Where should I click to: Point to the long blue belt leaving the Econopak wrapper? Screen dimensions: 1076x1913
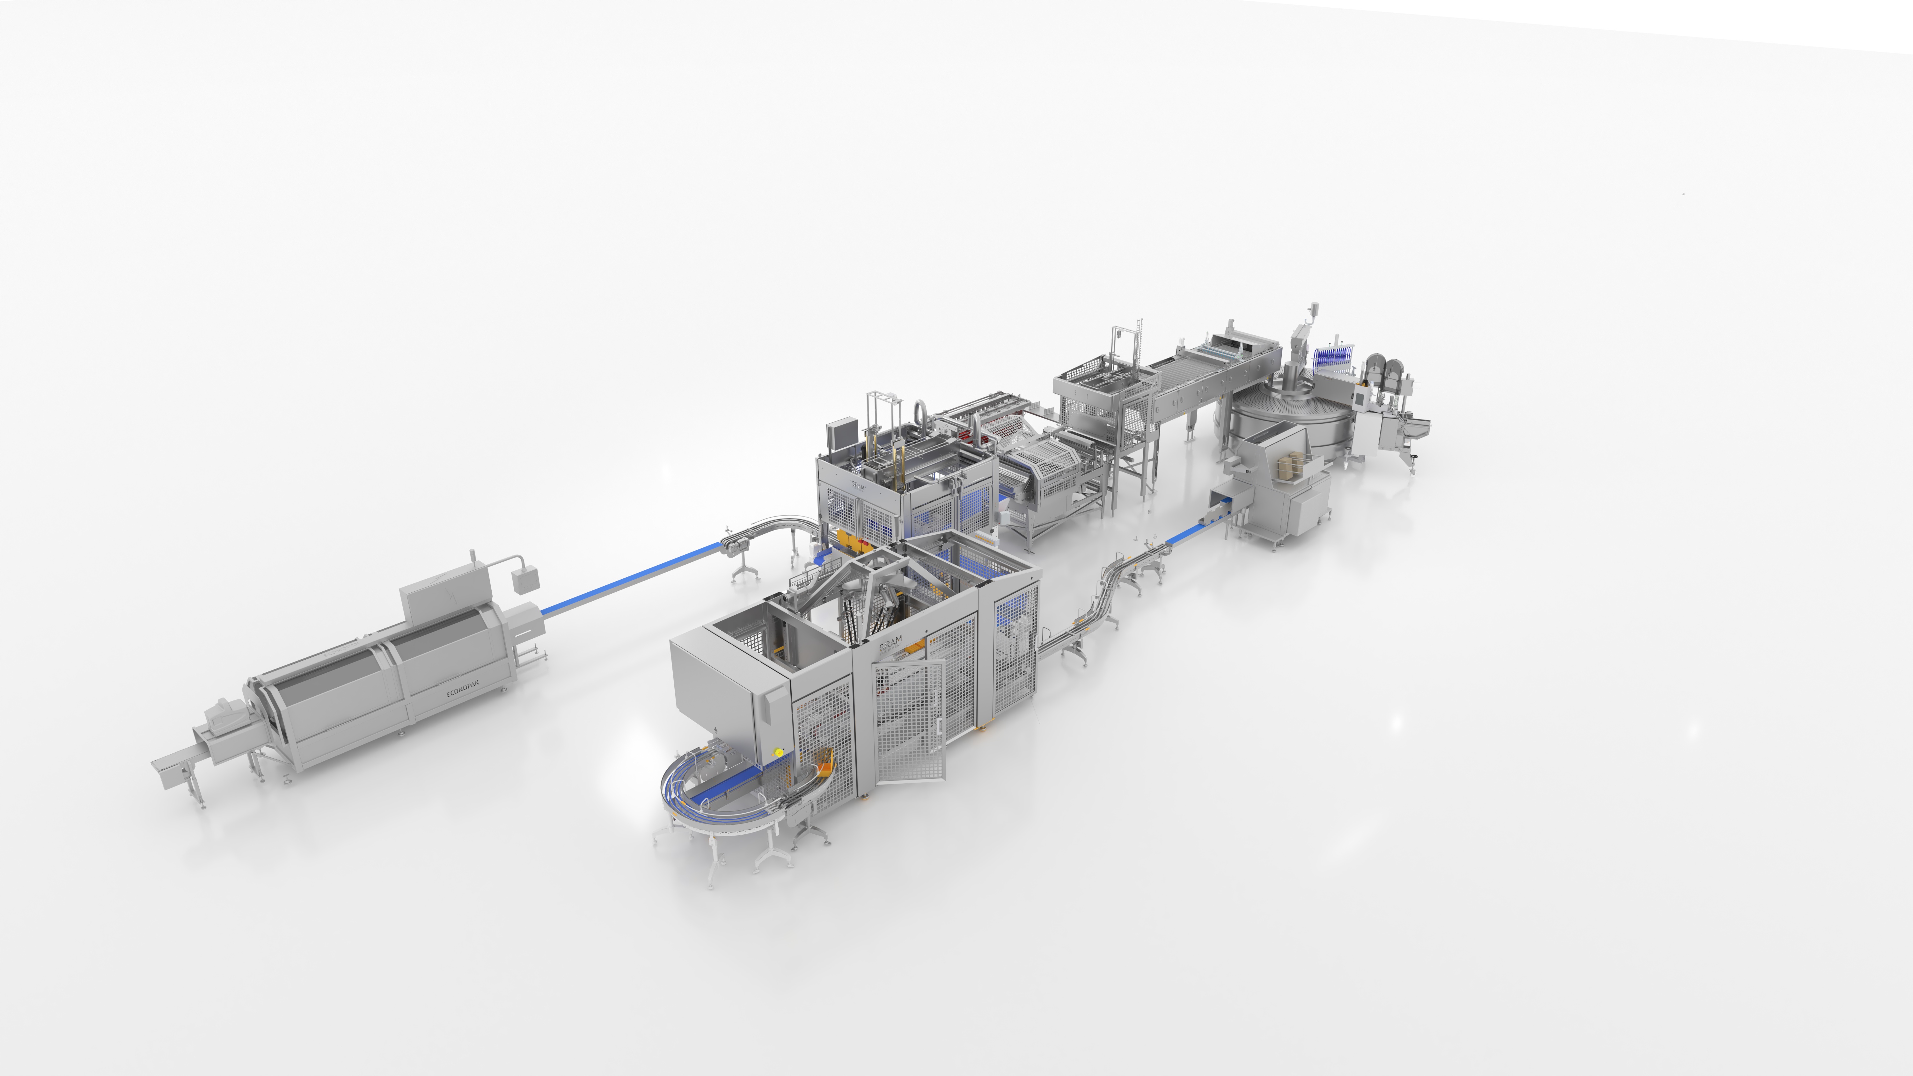coord(631,579)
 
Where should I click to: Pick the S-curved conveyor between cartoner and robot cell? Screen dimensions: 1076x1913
coord(1099,609)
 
